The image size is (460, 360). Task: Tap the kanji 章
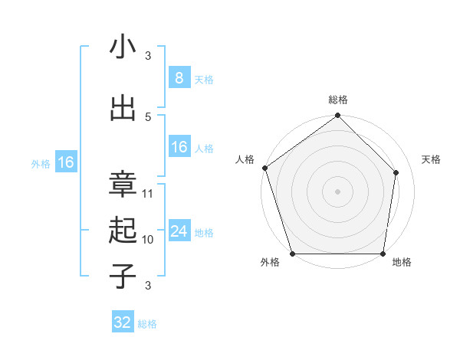[123, 184]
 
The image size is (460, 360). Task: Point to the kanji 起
[123, 230]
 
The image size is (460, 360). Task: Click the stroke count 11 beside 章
[148, 194]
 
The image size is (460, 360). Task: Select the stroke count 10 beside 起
[148, 240]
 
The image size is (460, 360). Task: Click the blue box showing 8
[179, 77]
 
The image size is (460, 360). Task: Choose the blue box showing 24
[179, 231]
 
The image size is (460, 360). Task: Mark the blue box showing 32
[123, 322]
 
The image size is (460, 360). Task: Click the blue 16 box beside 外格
[65, 162]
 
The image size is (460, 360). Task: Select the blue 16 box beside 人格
[179, 147]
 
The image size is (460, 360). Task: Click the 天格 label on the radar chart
[432, 159]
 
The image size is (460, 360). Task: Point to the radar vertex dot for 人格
[264, 168]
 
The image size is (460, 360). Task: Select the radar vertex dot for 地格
[383, 254]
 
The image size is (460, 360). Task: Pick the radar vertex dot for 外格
[292, 254]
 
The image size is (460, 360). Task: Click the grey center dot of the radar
[338, 191]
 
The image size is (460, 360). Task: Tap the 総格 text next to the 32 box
[147, 324]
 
